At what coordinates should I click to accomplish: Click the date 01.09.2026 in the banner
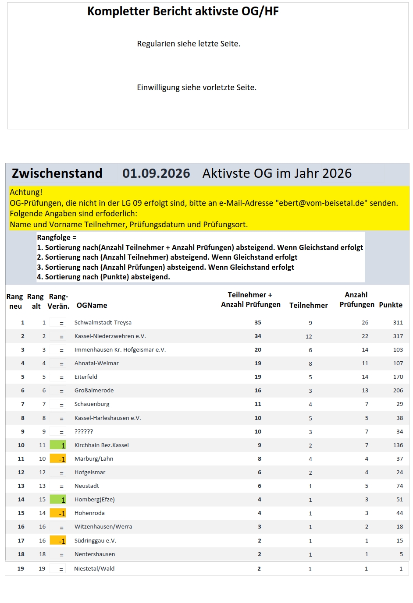click(x=156, y=173)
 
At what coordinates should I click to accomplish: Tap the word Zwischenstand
click(x=57, y=173)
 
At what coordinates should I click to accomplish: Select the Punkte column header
click(x=391, y=305)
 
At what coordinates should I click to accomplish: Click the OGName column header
click(x=92, y=305)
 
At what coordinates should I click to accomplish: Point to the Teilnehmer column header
click(x=308, y=305)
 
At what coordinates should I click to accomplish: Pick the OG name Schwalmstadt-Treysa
click(x=103, y=322)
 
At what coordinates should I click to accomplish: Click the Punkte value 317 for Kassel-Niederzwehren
click(x=398, y=336)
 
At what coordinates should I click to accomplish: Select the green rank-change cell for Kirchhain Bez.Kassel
click(x=58, y=445)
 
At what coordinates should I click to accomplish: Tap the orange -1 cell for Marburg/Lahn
click(x=58, y=459)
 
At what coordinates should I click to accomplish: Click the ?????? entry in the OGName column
click(x=84, y=431)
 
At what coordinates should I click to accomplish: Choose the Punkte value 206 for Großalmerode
click(x=398, y=390)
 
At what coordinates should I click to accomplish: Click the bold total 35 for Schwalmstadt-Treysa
click(x=258, y=322)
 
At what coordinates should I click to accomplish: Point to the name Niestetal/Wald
click(x=94, y=568)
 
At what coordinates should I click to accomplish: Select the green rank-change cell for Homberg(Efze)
click(x=58, y=499)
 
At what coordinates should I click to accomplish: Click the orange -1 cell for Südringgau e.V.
click(x=58, y=540)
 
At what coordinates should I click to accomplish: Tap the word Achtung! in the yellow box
click(x=26, y=192)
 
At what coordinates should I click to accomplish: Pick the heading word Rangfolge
click(x=54, y=237)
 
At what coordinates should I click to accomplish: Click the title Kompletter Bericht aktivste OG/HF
click(x=183, y=11)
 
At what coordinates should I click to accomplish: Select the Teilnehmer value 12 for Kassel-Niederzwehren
click(x=309, y=336)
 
